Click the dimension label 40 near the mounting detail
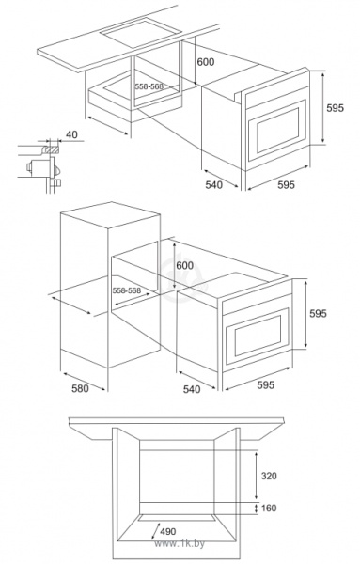72,134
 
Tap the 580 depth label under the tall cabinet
80,388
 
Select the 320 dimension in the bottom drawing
269,476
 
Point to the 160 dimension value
269,508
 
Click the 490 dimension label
168,531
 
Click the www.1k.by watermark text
180,543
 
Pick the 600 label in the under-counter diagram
205,62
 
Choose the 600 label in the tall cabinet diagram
185,265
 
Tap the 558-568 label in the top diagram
149,86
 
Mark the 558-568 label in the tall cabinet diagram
127,290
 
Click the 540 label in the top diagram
213,184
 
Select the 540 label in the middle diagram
192,389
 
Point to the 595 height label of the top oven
335,107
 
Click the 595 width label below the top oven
286,184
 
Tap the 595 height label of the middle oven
319,313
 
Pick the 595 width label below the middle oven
265,384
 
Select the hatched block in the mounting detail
51,149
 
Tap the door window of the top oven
277,130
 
